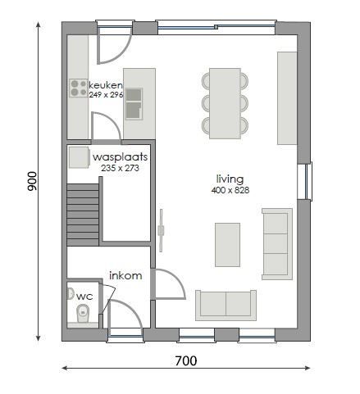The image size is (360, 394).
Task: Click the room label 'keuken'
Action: click(106, 85)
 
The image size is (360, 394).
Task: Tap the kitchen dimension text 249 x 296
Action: click(106, 95)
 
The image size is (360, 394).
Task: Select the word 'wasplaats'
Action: click(120, 156)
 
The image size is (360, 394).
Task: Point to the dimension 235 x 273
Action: click(120, 167)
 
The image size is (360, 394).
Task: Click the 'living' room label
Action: click(230, 179)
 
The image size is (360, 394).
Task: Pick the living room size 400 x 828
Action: click(230, 190)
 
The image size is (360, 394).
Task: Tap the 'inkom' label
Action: click(125, 276)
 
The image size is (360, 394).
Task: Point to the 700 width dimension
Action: click(185, 360)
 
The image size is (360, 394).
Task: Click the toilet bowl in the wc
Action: click(82, 313)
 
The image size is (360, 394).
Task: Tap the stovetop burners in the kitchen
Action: click(79, 88)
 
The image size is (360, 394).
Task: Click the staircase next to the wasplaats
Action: click(82, 211)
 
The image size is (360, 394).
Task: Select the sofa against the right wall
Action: click(276, 242)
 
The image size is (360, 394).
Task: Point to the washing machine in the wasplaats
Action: click(79, 156)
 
